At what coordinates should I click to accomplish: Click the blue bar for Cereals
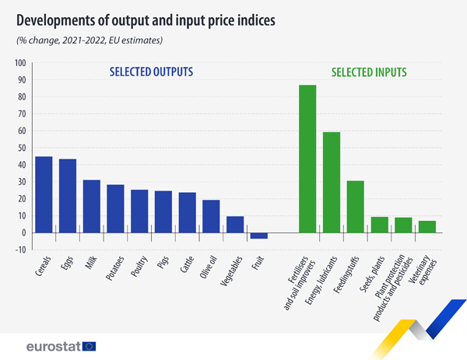[x=44, y=194]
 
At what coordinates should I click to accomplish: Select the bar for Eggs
[x=68, y=195]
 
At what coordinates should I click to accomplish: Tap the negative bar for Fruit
[x=258, y=236]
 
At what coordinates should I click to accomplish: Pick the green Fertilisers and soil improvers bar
[x=307, y=159]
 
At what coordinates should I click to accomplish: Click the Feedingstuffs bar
[x=355, y=206]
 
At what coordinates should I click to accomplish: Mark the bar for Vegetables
[x=235, y=224]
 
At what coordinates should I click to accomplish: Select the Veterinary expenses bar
[x=427, y=226]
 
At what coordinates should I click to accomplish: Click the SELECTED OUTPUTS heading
[x=151, y=72]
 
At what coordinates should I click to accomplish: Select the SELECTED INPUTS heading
[x=369, y=73]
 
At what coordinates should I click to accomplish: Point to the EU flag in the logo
[x=90, y=346]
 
